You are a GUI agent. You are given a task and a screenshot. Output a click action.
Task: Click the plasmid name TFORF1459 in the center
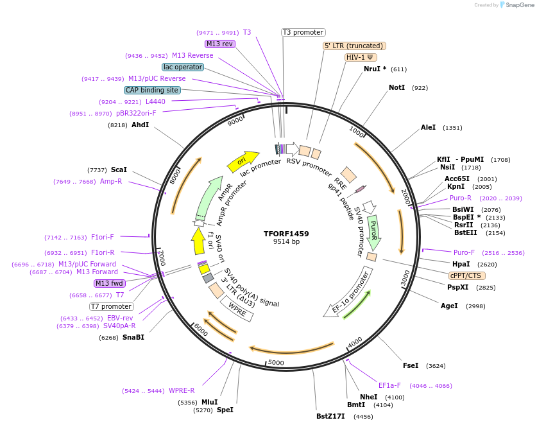pyautogui.click(x=286, y=234)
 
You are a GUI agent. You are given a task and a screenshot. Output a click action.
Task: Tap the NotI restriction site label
pyautogui.click(x=396, y=87)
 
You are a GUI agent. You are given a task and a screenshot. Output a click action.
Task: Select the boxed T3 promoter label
pyautogui.click(x=303, y=32)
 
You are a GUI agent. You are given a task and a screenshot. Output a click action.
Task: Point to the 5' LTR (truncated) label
pyautogui.click(x=354, y=46)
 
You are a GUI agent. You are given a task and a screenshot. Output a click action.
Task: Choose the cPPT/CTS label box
pyautogui.click(x=465, y=275)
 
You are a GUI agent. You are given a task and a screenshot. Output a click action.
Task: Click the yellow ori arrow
pyautogui.click(x=243, y=161)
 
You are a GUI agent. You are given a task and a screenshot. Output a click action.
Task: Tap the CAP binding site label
pyautogui.click(x=152, y=91)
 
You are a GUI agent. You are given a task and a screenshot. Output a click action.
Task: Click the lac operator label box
pyautogui.click(x=183, y=67)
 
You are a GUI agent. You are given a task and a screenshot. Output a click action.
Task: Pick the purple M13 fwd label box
pyautogui.click(x=110, y=283)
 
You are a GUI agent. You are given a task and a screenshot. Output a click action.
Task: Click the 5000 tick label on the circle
pyautogui.click(x=276, y=363)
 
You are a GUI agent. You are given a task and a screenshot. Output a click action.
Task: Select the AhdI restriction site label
pyautogui.click(x=140, y=125)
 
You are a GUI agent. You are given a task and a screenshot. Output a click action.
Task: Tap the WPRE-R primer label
pyautogui.click(x=182, y=390)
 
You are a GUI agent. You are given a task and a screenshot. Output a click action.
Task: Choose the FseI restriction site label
pyautogui.click(x=411, y=365)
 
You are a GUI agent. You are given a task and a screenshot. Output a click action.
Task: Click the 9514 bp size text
pyautogui.click(x=286, y=242)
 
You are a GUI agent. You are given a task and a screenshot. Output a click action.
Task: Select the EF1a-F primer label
pyautogui.click(x=389, y=385)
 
